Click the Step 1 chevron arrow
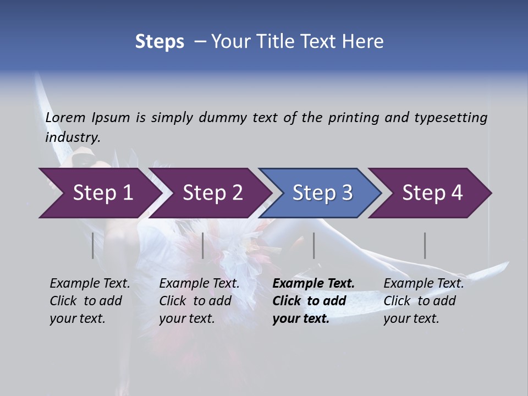[99, 193]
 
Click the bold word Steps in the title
[159, 41]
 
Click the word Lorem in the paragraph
[65, 118]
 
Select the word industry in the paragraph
[73, 137]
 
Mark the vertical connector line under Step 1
[93, 245]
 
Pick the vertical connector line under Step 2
[203, 245]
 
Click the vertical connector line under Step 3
[314, 245]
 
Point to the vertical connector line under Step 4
[425, 245]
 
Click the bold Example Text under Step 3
[313, 283]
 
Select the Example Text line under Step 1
[90, 283]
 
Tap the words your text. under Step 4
[411, 318]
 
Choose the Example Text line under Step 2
[199, 283]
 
